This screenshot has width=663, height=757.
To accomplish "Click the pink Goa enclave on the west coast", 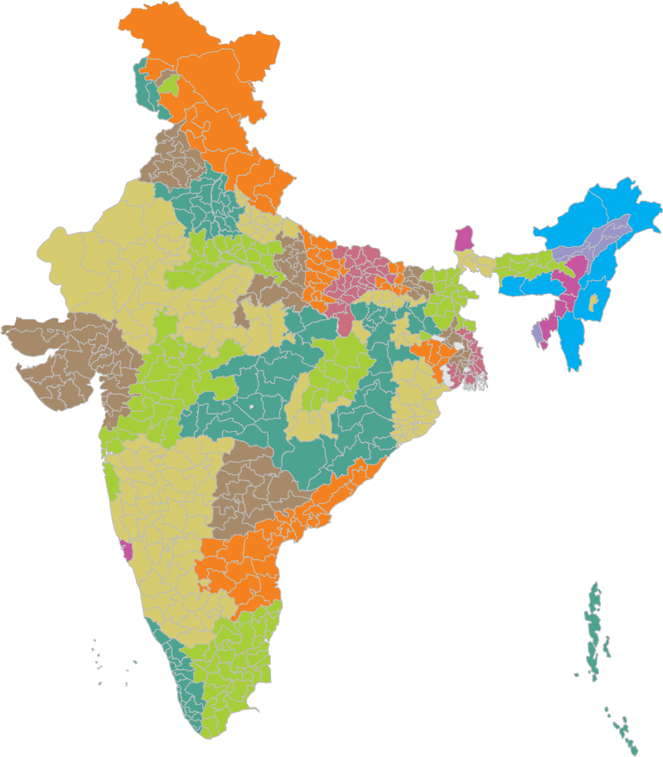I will tap(127, 550).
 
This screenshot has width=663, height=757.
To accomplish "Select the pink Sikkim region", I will tap(464, 238).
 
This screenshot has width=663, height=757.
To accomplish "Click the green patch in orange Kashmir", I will tap(168, 85).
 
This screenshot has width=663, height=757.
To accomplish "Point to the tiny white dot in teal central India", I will tap(249, 409).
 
